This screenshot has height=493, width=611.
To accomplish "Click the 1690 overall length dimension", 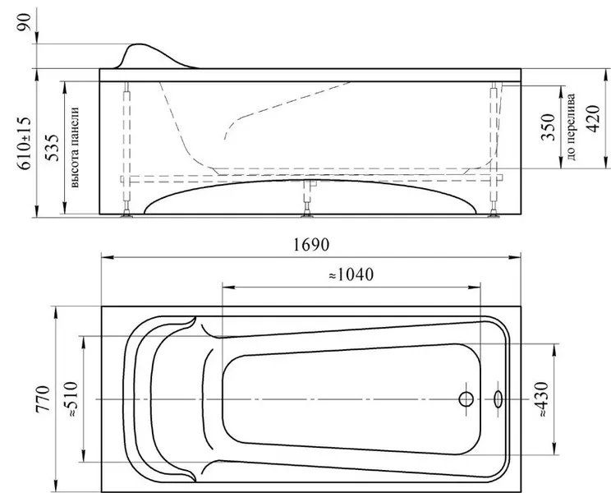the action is point(311,245).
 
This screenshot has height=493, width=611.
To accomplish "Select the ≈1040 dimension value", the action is point(351,274).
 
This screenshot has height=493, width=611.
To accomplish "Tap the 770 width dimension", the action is point(43,399).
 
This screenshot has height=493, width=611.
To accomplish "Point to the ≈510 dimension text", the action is point(72,399).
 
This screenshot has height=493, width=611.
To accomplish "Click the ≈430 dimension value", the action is point(543,400).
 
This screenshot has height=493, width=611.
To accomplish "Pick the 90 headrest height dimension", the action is point(24,23).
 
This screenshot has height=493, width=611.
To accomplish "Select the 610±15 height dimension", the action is point(24,144).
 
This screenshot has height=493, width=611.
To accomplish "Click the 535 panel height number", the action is point(52,148).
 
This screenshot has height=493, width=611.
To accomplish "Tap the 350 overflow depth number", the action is point(548,127).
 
